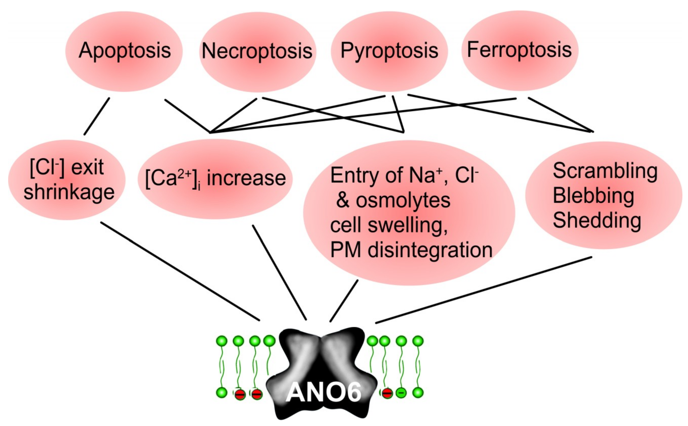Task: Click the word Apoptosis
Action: click(x=125, y=51)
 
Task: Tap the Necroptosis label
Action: click(x=257, y=51)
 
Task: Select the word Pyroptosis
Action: click(x=389, y=51)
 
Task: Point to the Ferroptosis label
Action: click(x=519, y=50)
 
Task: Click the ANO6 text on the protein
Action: click(x=323, y=392)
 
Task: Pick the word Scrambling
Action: click(x=605, y=171)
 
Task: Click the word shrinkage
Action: click(x=69, y=193)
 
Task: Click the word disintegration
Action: click(x=430, y=250)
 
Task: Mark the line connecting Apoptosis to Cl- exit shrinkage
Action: click(x=97, y=116)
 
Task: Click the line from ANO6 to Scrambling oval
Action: click(x=483, y=290)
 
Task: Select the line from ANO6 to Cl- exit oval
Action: click(x=180, y=271)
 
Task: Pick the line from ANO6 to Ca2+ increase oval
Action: click(x=279, y=272)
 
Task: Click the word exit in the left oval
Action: click(x=87, y=168)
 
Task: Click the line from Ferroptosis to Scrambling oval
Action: click(x=561, y=115)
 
